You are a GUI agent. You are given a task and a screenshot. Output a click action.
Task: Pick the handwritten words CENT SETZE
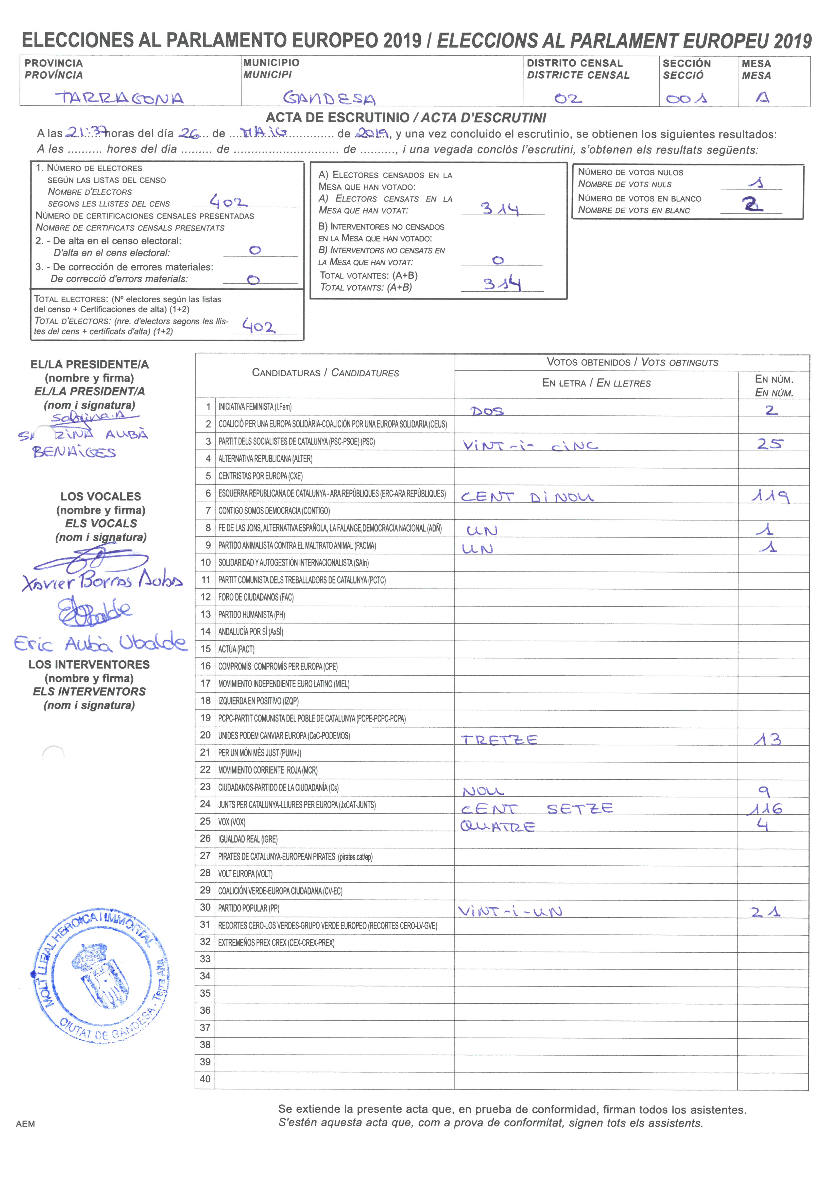pos(537,808)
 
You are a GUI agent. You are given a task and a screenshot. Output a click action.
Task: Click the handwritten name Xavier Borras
pos(102,581)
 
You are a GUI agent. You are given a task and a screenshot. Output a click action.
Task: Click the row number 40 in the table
pos(205,1079)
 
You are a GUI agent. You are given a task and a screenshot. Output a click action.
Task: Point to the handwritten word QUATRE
pos(497,826)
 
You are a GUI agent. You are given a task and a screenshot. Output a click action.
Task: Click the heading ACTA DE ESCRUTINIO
pos(337,118)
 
